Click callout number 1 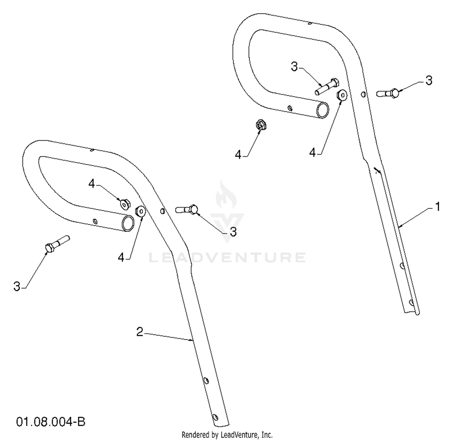point(437,207)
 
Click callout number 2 point(140,332)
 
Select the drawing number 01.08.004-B point(51,422)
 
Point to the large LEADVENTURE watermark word point(227,257)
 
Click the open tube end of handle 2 point(128,223)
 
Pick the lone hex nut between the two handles point(260,125)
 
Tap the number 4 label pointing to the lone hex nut point(238,155)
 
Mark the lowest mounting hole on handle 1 point(411,302)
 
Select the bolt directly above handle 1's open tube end point(326,86)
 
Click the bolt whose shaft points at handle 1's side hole point(388,93)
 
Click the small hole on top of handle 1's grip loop point(310,23)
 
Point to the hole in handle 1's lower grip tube point(290,107)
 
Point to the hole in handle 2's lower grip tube point(96,221)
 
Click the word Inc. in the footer point(267,435)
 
